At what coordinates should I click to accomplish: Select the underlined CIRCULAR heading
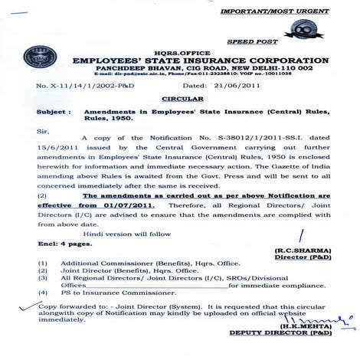pos(178,99)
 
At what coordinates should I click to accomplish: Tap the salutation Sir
pos(44,131)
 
